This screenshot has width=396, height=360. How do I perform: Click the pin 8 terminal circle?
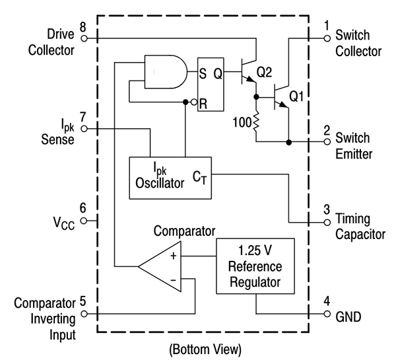click(x=84, y=38)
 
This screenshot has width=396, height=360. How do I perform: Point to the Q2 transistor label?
click(x=264, y=72)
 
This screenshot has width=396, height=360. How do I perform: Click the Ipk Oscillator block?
click(x=170, y=177)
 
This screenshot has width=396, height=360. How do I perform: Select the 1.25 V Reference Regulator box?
click(x=254, y=266)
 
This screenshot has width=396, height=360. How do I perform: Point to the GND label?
click(x=348, y=317)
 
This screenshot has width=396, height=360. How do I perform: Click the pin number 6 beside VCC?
click(x=83, y=208)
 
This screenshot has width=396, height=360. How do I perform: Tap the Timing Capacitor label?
click(x=360, y=226)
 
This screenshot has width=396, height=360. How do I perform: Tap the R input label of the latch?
click(x=204, y=102)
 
